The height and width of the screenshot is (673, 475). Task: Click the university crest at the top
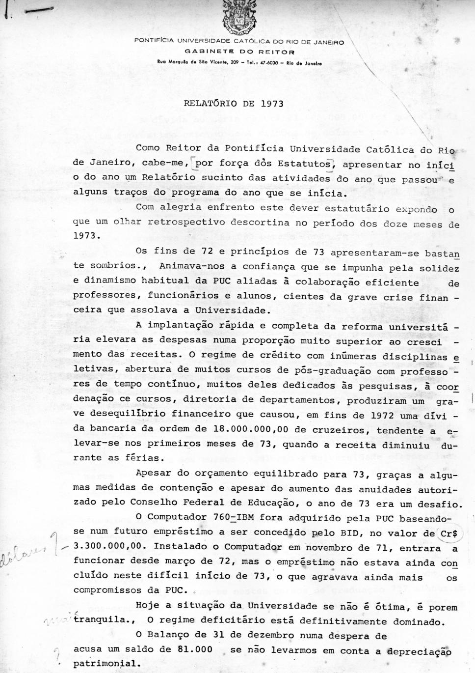[239, 17]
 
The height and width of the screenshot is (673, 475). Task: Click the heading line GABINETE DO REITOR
[239, 51]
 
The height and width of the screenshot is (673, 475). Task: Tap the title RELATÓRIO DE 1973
[234, 104]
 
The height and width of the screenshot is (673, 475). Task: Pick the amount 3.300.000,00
[110, 546]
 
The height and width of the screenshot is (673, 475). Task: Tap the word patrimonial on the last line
[104, 663]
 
